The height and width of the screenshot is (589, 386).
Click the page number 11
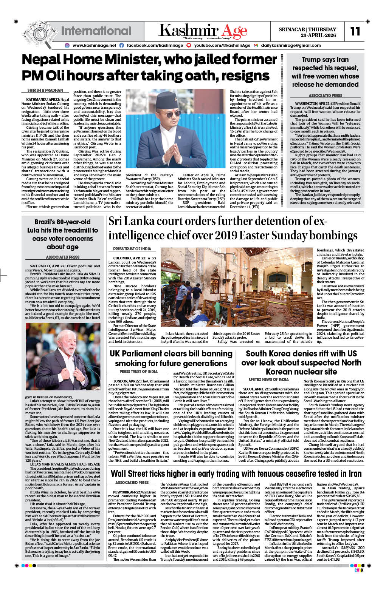click(355, 31)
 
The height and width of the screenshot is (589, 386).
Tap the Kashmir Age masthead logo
click(203, 31)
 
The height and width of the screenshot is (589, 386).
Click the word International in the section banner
click(91, 31)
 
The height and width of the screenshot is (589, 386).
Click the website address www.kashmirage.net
click(94, 45)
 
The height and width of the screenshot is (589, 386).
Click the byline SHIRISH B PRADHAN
click(45, 91)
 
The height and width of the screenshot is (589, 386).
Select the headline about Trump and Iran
click(325, 72)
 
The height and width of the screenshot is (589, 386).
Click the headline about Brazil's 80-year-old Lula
click(62, 234)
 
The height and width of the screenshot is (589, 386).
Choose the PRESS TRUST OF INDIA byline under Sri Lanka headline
click(132, 249)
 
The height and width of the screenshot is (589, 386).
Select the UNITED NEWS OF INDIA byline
click(268, 379)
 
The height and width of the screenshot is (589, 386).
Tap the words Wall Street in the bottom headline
click(132, 473)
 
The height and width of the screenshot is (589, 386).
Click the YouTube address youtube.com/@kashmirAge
click(222, 45)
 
